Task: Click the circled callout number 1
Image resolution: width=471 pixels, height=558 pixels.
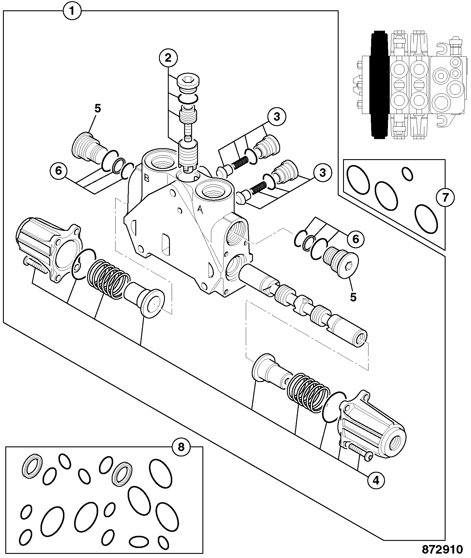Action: pos(73,11)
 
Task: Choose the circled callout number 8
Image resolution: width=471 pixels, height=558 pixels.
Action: pos(181,447)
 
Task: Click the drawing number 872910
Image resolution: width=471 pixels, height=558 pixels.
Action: pos(442,549)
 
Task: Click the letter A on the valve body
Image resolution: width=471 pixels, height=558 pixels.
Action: pos(200,210)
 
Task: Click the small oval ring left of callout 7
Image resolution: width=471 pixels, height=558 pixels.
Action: pos(407,174)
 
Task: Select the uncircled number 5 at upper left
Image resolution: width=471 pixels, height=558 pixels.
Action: pos(98,109)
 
